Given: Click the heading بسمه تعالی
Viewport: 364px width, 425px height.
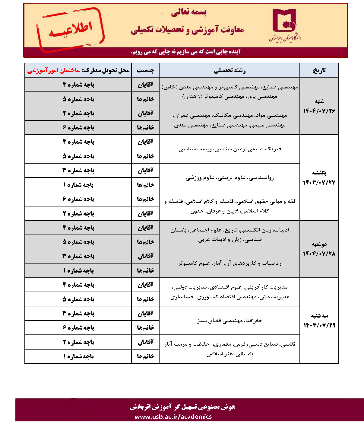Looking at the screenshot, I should (x=188, y=12).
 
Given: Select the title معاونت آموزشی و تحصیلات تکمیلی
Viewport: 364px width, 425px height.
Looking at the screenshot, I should (x=187, y=30).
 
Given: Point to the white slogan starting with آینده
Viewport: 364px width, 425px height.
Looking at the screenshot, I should (x=186, y=52).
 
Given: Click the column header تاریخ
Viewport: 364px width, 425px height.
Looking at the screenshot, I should (x=319, y=70).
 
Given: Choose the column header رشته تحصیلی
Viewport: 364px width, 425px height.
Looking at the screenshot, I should (x=229, y=70).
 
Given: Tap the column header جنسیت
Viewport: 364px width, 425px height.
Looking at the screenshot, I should (x=145, y=70).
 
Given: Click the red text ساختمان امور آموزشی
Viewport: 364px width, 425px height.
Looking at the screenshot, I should (x=54, y=70).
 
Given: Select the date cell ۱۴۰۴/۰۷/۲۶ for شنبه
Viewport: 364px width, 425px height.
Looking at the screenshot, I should (x=319, y=106).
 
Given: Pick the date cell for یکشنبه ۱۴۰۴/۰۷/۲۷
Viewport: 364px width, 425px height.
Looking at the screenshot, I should (x=319, y=177).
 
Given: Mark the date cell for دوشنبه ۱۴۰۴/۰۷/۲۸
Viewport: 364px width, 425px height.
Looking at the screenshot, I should (x=319, y=249).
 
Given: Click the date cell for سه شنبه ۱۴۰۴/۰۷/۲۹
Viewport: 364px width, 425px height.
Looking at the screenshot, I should (x=319, y=321).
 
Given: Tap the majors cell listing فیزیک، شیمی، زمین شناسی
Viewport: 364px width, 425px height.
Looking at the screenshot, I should (x=229, y=149).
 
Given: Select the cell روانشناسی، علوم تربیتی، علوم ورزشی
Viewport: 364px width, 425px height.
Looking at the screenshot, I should (x=229, y=177).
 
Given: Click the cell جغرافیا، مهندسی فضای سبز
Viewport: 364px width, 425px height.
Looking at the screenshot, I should (x=229, y=321).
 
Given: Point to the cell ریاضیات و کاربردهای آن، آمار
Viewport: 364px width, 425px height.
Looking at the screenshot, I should (x=229, y=263).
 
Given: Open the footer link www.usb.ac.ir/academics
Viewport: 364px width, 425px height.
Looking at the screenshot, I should (x=173, y=417).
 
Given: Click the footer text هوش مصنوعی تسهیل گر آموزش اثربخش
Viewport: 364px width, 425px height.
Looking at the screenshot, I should (x=182, y=407).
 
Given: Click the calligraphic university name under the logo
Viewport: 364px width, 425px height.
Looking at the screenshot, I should (x=285, y=37).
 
